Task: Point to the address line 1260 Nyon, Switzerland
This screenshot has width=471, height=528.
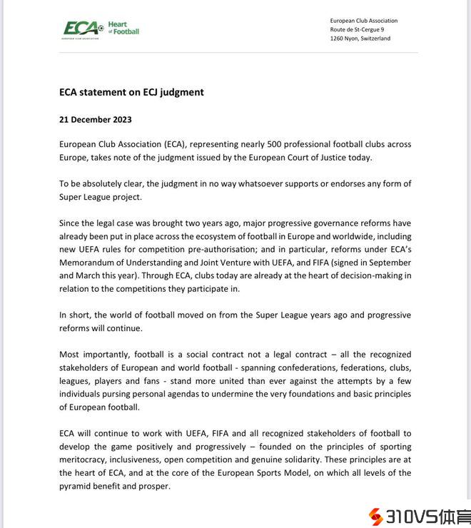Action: [x=360, y=39]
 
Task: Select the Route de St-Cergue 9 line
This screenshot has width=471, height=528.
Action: [x=358, y=30]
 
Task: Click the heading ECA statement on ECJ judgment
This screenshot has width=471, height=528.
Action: [x=131, y=92]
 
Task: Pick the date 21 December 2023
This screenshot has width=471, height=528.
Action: [x=96, y=120]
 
